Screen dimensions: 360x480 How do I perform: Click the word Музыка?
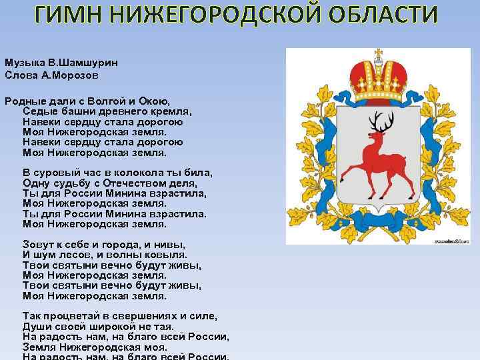[23, 62]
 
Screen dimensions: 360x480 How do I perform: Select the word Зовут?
[38, 244]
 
